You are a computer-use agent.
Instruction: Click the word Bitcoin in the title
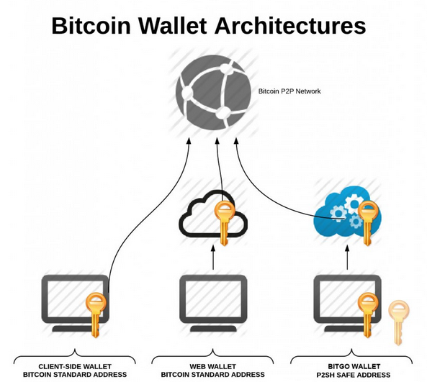click(91, 26)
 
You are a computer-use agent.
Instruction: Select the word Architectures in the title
click(290, 26)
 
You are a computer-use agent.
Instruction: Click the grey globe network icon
click(213, 92)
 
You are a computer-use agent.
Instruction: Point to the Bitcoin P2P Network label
click(289, 91)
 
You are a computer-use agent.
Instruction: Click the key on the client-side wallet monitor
click(96, 315)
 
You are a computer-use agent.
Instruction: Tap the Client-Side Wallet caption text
click(75, 366)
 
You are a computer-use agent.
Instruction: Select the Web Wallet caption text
click(212, 366)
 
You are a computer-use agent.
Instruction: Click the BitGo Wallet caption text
click(354, 366)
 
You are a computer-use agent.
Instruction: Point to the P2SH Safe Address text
click(354, 375)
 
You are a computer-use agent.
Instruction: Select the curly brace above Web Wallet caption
click(212, 355)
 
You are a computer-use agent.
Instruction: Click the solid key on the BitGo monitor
click(368, 315)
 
